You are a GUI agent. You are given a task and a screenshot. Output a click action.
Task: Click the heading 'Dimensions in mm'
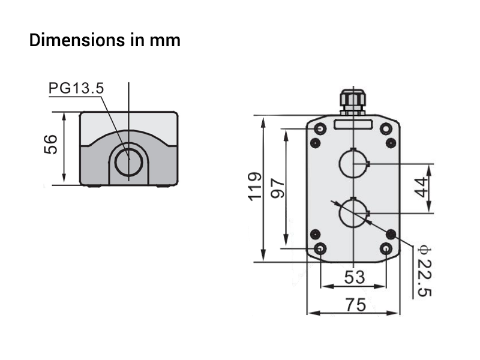pos(104,40)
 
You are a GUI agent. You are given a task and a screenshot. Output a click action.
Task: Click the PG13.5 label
pos(76,88)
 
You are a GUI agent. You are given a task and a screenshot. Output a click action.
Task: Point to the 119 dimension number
pos(255,187)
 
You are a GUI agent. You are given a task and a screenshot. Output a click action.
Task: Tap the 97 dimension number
pos(278,188)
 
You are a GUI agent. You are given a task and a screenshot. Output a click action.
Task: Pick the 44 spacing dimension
pos(421,187)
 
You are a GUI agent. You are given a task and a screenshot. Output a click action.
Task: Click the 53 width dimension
pos(355,277)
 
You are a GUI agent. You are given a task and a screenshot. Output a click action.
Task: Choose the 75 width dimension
pos(356,305)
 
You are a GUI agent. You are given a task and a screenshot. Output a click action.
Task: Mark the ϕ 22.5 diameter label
pos(425,271)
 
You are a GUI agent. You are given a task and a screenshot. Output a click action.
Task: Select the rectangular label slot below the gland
pos(353,124)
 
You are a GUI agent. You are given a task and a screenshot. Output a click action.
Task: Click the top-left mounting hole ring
pos(320,128)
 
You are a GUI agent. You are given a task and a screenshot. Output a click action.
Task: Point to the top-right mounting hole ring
pos(386,128)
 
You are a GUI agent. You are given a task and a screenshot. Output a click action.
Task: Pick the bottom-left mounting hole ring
pos(320,248)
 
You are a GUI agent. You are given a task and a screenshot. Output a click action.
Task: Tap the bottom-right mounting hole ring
pos(386,248)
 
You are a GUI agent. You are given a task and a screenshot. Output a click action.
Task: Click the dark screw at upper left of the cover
pos(316,143)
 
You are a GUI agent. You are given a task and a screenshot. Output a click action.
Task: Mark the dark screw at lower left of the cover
pos(316,235)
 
